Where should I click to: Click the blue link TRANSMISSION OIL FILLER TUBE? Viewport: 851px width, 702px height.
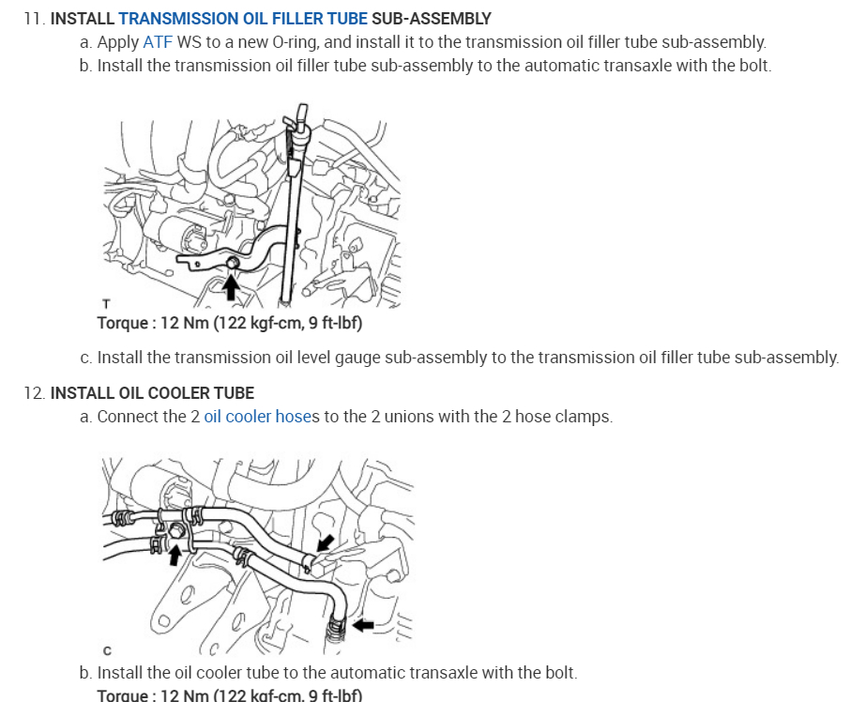(243, 19)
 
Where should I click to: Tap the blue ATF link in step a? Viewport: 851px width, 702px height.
(158, 42)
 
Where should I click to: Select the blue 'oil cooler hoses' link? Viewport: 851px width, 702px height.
(262, 417)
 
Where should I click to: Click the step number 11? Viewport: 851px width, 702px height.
(35, 19)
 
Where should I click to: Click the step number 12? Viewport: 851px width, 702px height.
(35, 393)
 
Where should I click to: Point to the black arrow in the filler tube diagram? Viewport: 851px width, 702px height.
(231, 287)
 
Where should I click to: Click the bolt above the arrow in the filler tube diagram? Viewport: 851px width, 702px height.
(233, 263)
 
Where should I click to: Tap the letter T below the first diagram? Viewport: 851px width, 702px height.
(106, 304)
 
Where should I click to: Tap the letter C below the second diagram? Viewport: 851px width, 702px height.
(107, 650)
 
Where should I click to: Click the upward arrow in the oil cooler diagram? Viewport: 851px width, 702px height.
(175, 555)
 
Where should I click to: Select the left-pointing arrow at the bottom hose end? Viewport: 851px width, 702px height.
(363, 625)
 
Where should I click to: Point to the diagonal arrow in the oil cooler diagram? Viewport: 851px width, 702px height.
(325, 542)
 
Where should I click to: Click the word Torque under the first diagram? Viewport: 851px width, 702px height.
(123, 323)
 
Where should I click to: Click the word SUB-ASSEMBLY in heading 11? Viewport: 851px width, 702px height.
(432, 19)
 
